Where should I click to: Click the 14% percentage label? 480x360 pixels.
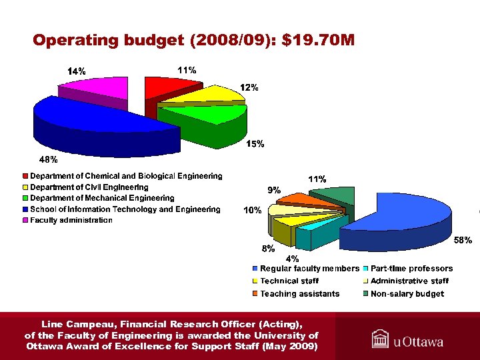[x=76, y=71]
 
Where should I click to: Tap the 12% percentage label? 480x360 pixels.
[x=249, y=87]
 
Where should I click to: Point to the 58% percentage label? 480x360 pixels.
[x=463, y=240]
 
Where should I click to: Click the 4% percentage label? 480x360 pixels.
[x=292, y=258]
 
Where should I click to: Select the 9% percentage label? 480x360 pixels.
[x=274, y=190]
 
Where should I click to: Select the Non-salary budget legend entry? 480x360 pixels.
[x=407, y=294]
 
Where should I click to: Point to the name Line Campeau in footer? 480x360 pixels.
[x=78, y=325]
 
